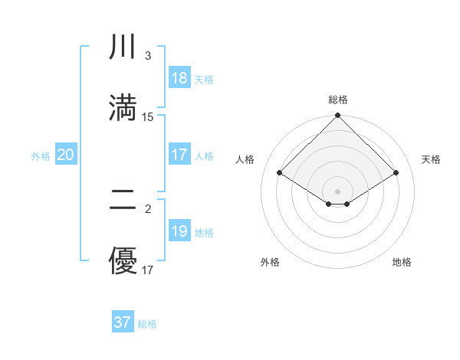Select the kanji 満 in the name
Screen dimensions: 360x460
click(123, 106)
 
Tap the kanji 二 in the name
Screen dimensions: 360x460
click(123, 201)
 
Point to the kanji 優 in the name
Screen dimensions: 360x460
click(123, 260)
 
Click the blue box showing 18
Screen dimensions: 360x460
click(179, 78)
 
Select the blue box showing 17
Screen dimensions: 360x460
click(179, 155)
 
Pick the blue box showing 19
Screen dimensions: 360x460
click(179, 231)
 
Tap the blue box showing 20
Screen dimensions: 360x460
click(66, 155)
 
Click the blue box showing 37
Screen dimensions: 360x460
click(123, 322)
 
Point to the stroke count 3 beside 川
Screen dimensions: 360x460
click(148, 56)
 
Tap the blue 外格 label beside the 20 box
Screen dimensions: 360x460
click(41, 155)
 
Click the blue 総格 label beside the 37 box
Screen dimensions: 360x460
click(147, 324)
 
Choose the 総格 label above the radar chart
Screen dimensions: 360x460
click(338, 100)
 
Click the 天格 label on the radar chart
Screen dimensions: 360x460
click(431, 159)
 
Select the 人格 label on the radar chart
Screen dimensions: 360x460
click(245, 159)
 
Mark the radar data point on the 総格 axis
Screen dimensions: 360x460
click(338, 116)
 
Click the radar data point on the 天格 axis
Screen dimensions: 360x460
click(396, 173)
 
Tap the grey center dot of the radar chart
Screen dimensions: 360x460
click(338, 191)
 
